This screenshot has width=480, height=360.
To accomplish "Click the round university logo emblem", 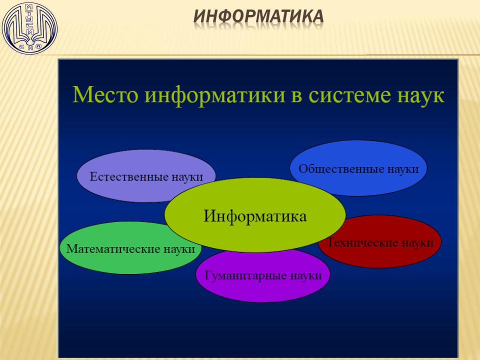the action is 29,28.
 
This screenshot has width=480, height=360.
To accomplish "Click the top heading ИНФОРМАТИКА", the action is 258,16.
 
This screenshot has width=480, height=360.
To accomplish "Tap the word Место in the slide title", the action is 105,94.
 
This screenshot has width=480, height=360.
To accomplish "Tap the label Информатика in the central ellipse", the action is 254,216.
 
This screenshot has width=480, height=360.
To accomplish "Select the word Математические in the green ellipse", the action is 112,248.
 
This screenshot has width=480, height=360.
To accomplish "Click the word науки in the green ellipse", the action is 179,249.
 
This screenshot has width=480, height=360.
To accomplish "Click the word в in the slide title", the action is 297,96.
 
